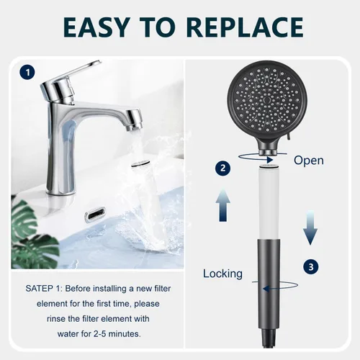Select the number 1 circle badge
pos(28,72)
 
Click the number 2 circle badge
pos(222,168)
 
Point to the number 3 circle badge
pos(311,267)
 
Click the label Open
pos(309,161)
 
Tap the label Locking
pos(222,274)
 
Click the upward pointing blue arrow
pos(222,205)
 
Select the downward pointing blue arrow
pos(310,228)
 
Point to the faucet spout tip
pos(134,125)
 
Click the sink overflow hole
pos(95,213)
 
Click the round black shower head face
pos(267,99)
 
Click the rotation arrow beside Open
pos(262,158)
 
